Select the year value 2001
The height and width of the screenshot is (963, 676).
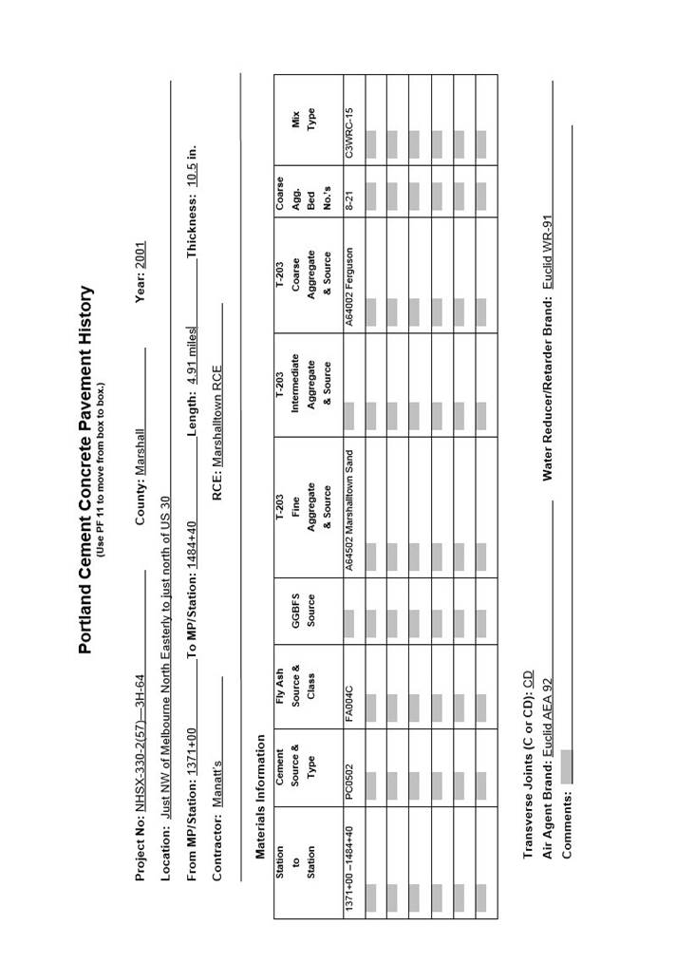pyautogui.click(x=140, y=255)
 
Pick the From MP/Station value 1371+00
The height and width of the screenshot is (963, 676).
pyautogui.click(x=191, y=755)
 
